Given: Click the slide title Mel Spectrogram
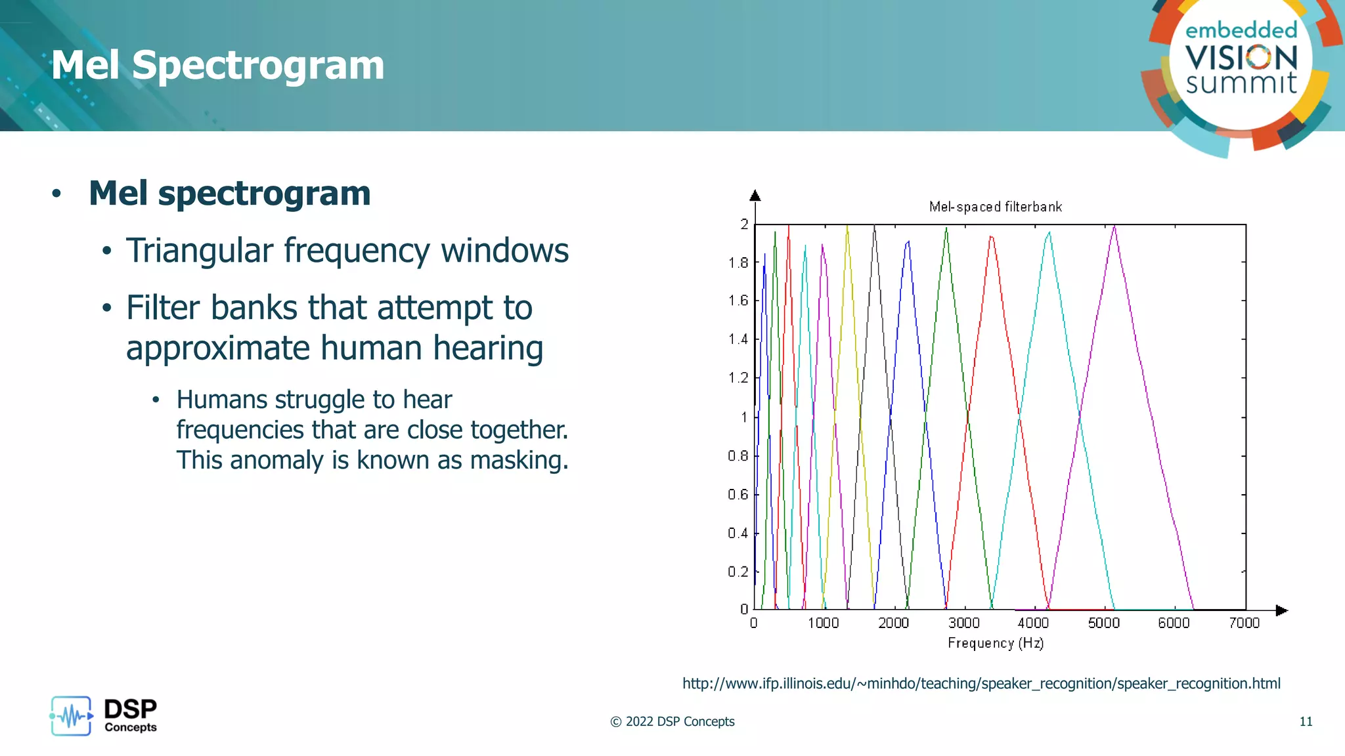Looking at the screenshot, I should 217,66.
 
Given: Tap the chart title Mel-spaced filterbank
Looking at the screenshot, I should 995,207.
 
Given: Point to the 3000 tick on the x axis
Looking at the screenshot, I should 963,622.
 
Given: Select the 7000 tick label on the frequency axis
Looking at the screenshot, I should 1244,622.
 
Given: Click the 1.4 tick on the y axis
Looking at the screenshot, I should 738,339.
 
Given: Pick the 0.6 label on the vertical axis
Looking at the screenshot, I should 738,494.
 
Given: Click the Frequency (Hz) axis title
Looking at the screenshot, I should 995,643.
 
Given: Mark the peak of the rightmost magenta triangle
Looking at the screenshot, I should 1114,227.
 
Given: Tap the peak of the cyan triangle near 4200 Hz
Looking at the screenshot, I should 1049,233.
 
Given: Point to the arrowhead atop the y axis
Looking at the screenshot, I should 755,196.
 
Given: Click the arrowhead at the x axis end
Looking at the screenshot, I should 1281,610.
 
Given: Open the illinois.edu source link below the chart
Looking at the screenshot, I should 981,684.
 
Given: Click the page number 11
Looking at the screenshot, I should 1306,722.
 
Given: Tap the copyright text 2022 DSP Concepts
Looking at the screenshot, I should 672,722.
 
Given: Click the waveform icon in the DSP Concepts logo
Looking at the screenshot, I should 71,716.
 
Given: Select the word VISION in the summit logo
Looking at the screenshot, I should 1241,58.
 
